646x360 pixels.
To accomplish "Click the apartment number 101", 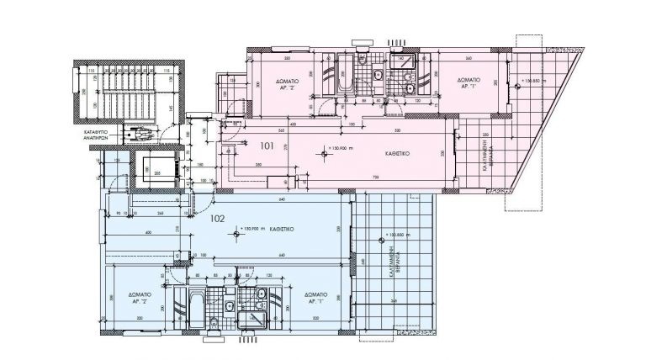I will (x=267, y=146).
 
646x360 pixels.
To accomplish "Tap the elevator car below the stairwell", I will (x=151, y=171).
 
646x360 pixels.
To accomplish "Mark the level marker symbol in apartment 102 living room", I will (x=241, y=227).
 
